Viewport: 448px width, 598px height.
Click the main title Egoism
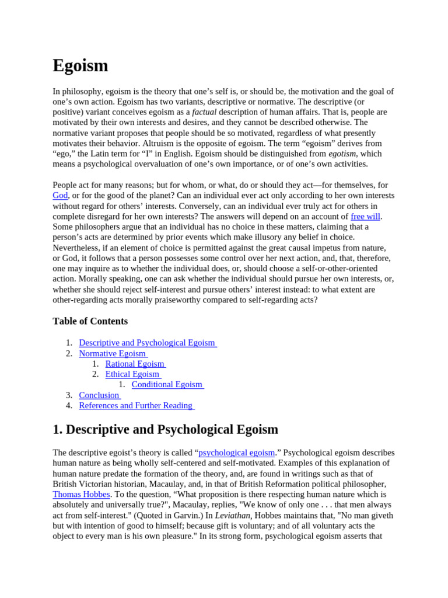(80, 65)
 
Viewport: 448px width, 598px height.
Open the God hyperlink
(60, 196)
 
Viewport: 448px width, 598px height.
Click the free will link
(365, 216)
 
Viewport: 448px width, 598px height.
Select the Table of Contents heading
(90, 321)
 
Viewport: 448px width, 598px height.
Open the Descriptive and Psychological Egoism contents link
(148, 343)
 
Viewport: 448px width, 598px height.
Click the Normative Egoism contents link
(113, 353)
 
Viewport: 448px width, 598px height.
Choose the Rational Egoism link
(135, 364)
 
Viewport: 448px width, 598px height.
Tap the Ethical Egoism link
(133, 374)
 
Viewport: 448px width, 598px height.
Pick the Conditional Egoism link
(167, 385)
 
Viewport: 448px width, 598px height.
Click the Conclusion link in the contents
(100, 395)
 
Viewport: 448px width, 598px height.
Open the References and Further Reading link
(136, 406)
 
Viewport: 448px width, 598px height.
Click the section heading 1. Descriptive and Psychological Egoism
(165, 430)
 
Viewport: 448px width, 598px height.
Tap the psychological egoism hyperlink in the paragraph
(236, 453)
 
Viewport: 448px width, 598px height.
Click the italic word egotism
(342, 154)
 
